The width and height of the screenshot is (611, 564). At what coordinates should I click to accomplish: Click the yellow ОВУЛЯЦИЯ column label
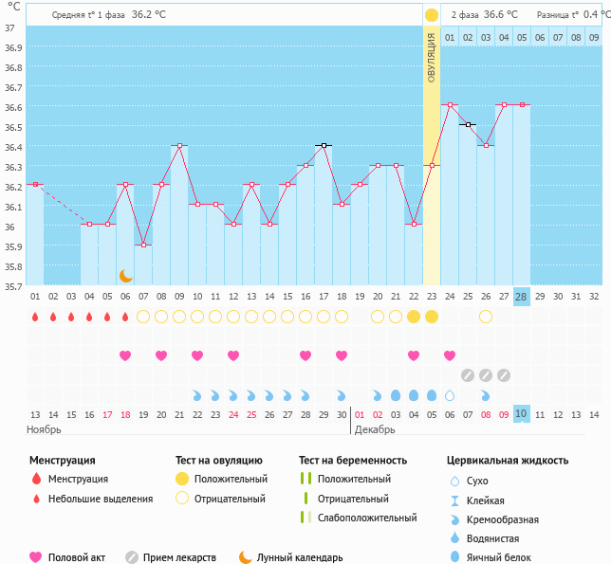[431, 57]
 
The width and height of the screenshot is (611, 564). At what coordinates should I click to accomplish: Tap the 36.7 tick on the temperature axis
[14, 87]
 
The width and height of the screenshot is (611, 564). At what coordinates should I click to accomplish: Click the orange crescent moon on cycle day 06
[125, 275]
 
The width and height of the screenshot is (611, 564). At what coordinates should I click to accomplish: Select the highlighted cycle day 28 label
[521, 296]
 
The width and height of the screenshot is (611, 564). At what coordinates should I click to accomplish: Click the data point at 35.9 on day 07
[143, 245]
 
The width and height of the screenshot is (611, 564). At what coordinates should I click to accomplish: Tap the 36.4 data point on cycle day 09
[179, 145]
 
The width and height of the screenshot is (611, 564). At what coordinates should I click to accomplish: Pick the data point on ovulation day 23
[432, 165]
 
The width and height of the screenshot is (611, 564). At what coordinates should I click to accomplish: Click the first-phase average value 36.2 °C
[148, 15]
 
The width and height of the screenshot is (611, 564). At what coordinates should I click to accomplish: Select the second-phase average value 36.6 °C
[500, 15]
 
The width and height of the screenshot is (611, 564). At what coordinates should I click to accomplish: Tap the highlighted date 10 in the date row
[521, 414]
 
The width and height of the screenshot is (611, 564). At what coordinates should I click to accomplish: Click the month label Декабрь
[374, 430]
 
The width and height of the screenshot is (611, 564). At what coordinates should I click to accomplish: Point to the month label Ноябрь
[45, 430]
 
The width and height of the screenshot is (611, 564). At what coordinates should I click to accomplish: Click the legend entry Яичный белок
[506, 557]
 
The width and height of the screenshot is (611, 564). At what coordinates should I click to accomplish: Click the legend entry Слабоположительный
[367, 518]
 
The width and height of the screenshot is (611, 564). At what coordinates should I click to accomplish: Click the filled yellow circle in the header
[432, 15]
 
